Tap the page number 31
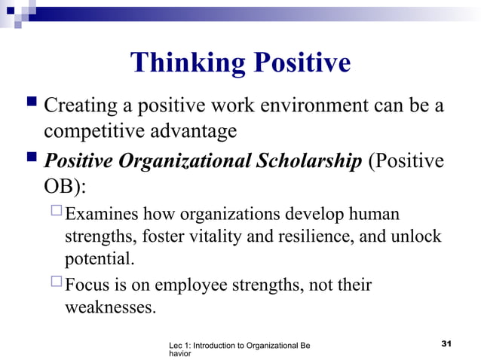445,344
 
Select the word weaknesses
109,308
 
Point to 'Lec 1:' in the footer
182,345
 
